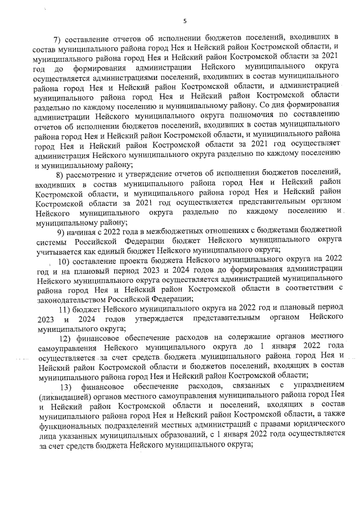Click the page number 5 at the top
pos(184,21)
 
